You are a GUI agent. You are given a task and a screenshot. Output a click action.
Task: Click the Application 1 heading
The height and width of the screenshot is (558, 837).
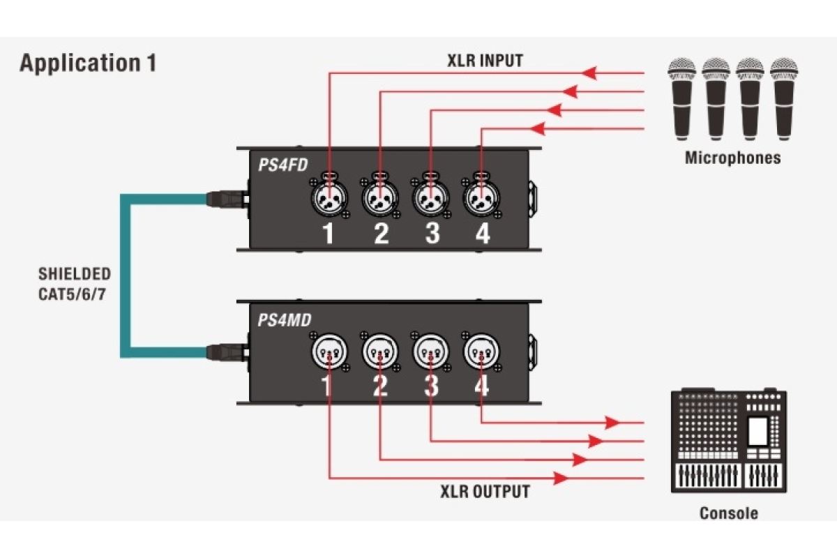coord(88,63)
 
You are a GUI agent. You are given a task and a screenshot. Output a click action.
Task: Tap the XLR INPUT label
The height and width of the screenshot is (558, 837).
coord(485,61)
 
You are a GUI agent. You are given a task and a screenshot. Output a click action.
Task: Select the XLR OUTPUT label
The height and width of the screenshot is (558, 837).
coord(485,492)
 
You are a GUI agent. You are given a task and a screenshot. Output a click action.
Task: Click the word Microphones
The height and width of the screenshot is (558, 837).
coord(732,158)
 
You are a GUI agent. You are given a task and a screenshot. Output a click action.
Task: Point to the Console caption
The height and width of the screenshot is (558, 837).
coord(728,514)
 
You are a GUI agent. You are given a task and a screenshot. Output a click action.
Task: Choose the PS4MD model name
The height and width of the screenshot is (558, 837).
coord(284,321)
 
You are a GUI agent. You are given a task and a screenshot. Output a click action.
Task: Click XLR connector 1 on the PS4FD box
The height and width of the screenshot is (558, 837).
coord(329,199)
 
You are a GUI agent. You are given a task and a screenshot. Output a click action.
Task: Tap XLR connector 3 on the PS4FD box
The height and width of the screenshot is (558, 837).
coord(430,199)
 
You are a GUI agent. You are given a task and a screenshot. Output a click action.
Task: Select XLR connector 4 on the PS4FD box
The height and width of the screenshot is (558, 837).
coord(481,199)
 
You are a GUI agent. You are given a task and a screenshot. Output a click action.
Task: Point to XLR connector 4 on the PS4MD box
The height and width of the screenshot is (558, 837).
coord(481,352)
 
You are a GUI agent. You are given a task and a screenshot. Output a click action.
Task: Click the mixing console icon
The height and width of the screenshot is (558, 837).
coord(728,441)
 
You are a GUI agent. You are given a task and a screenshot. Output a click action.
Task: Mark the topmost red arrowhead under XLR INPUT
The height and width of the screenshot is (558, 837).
coord(590,73)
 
